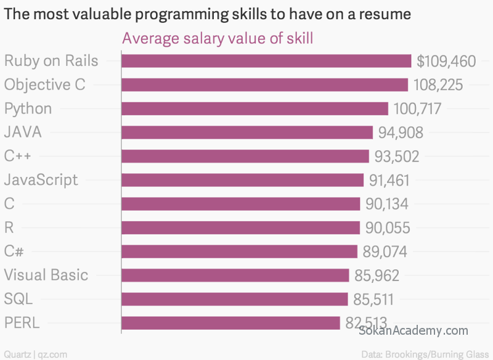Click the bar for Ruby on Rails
(266, 61)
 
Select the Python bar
(255, 108)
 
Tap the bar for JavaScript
(242, 180)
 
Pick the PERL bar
(230, 323)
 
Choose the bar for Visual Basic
(235, 275)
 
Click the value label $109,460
(446, 61)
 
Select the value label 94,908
(401, 133)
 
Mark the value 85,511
(373, 299)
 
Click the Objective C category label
(44, 84)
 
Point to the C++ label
(17, 156)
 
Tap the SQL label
(18, 299)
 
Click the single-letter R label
(9, 227)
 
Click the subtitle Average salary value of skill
(218, 38)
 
